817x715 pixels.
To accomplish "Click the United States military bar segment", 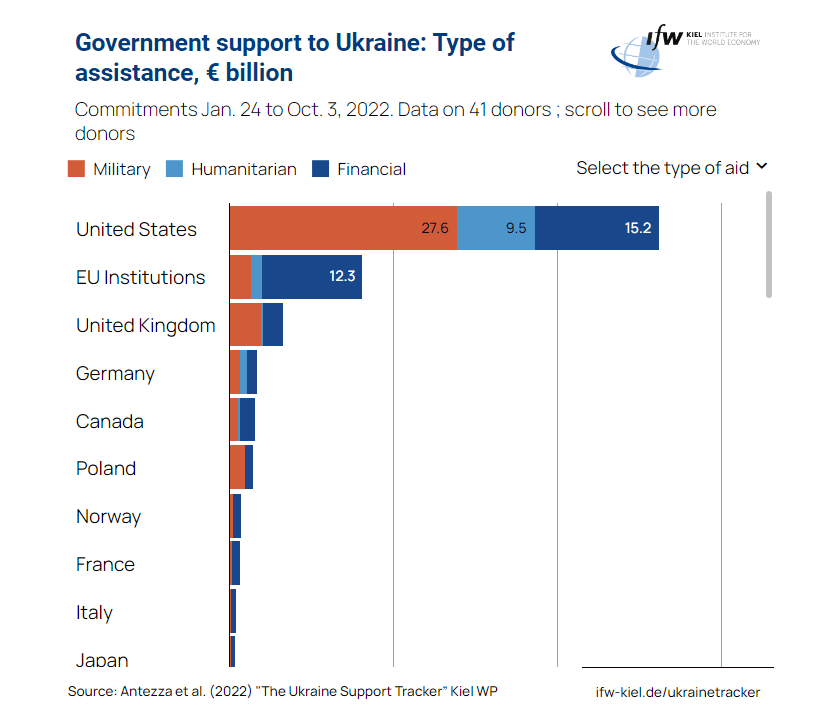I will pyautogui.click(x=343, y=228).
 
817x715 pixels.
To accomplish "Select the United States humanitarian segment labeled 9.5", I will pyautogui.click(x=496, y=228).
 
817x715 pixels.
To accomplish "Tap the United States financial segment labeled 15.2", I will pyautogui.click(x=597, y=228).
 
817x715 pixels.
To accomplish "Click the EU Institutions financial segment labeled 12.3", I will pyautogui.click(x=311, y=276).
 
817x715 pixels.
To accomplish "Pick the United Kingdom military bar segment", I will pyautogui.click(x=245, y=324).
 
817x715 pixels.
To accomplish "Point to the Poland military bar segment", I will pyautogui.click(x=237, y=468).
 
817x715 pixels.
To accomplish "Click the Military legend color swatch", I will pyautogui.click(x=77, y=169).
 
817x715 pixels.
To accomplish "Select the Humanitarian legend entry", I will pyautogui.click(x=233, y=169).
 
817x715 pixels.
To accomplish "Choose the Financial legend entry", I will pyautogui.click(x=360, y=169).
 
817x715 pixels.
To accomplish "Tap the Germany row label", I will pyautogui.click(x=115, y=373).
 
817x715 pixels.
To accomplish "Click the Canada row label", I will pyautogui.click(x=110, y=421).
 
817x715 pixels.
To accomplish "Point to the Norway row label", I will pyautogui.click(x=108, y=517).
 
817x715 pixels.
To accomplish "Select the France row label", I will pyautogui.click(x=105, y=564).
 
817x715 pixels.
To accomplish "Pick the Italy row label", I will pyautogui.click(x=94, y=612).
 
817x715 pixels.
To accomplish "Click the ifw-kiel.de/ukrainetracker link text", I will pyautogui.click(x=677, y=692).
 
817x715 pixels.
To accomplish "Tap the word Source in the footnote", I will pyautogui.click(x=91, y=692).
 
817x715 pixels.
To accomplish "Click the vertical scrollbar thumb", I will pyautogui.click(x=769, y=244).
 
